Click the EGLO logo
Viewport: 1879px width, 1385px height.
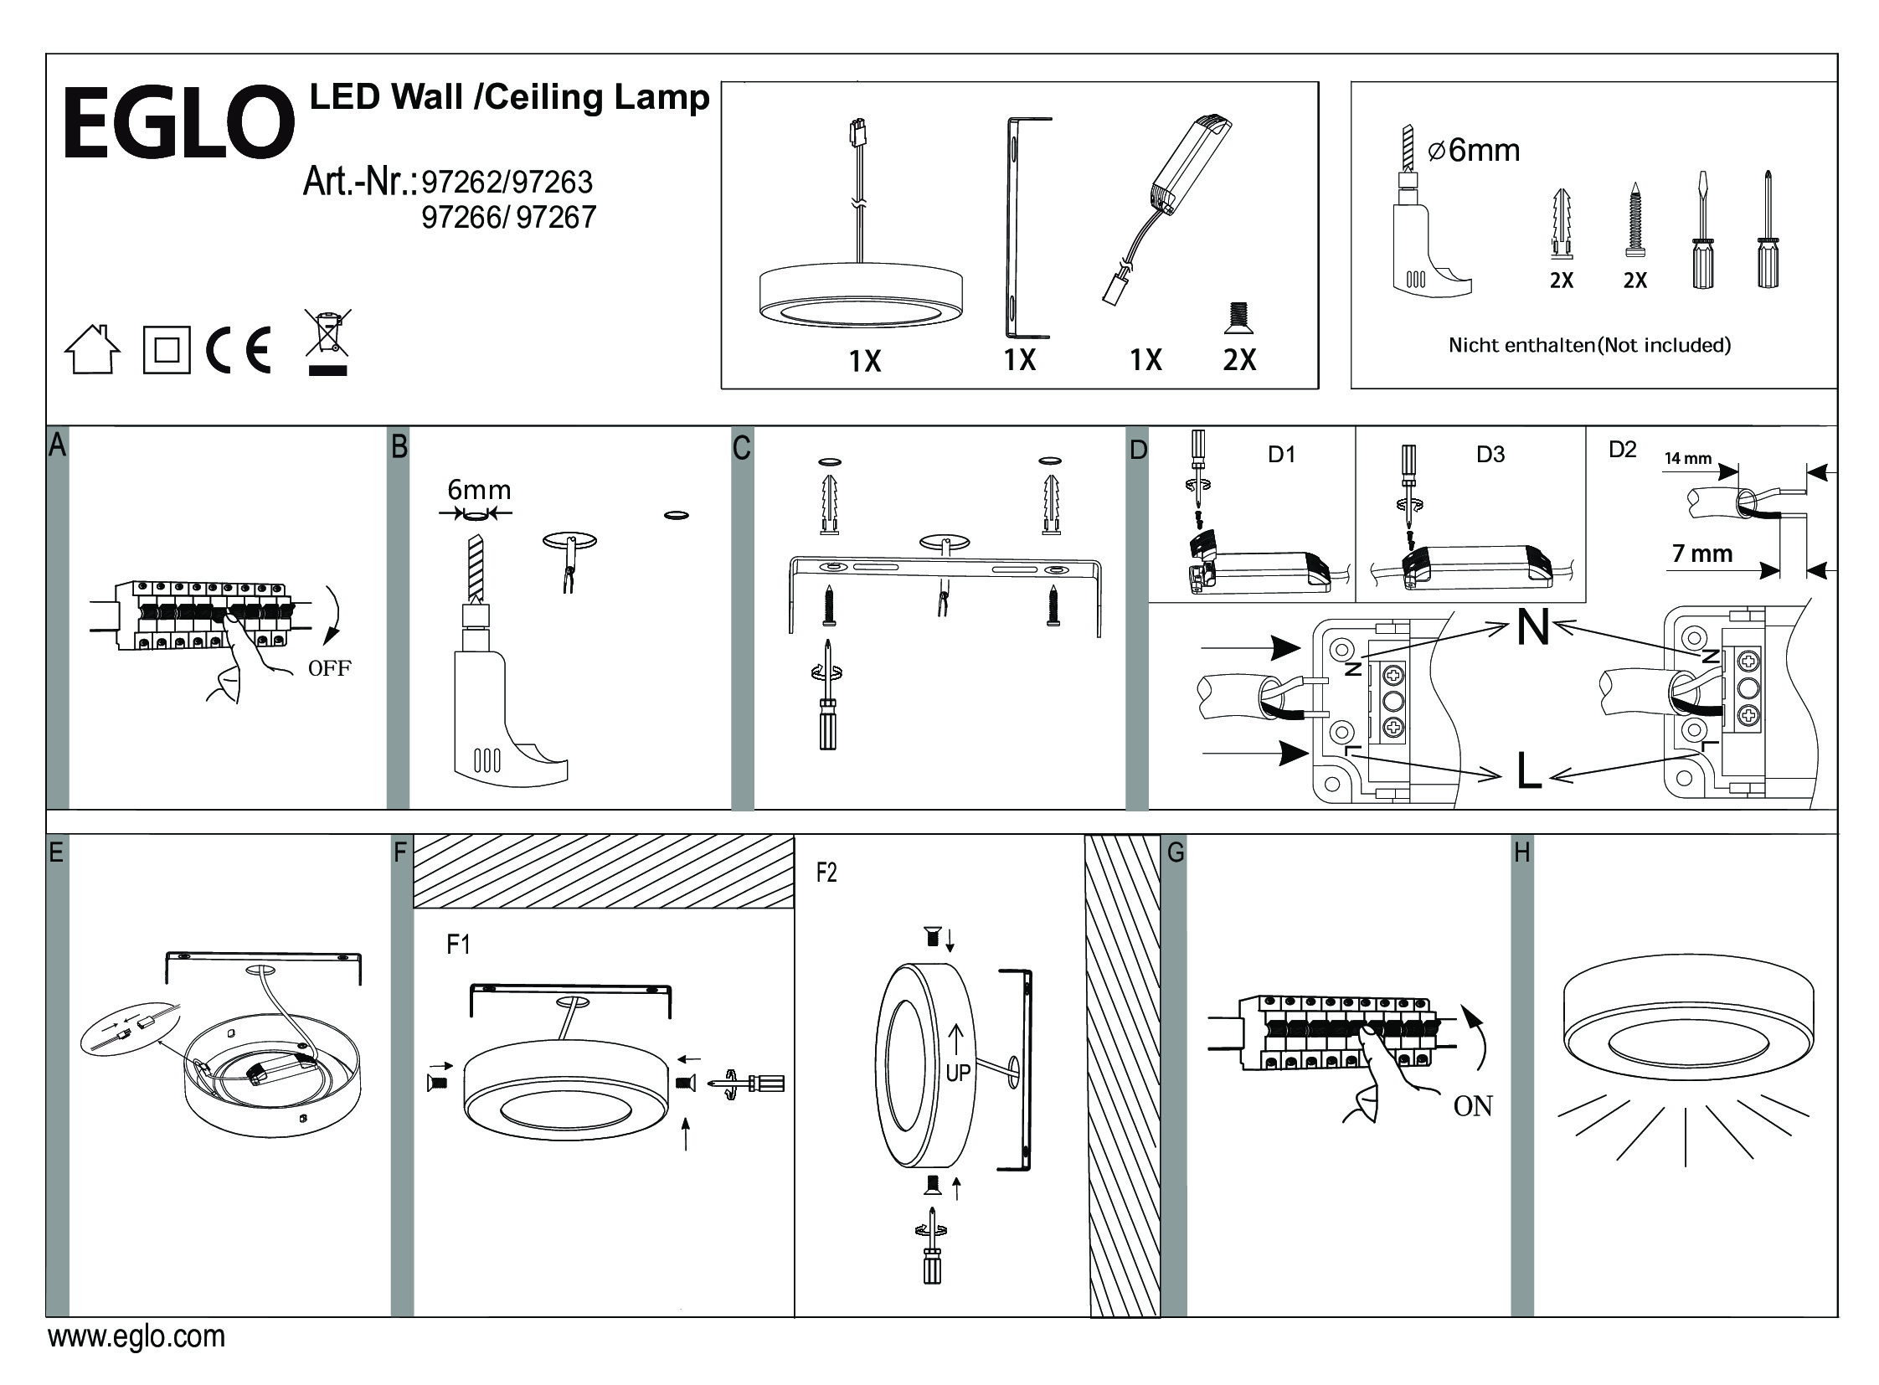click(x=178, y=123)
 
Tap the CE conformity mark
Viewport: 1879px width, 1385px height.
click(x=239, y=350)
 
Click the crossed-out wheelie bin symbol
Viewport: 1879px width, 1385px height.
click(x=327, y=342)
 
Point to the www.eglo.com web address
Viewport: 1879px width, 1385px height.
click(x=136, y=1336)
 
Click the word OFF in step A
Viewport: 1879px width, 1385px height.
click(x=330, y=668)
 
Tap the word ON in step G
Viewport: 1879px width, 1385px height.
click(x=1472, y=1107)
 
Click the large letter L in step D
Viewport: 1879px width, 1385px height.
click(x=1528, y=771)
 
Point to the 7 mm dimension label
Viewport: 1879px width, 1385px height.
click(x=1702, y=553)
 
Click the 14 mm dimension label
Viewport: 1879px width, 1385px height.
click(x=1688, y=459)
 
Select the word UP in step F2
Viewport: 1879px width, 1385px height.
click(x=958, y=1073)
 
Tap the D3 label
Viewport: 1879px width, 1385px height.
click(x=1490, y=455)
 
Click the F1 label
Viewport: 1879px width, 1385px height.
click(x=458, y=945)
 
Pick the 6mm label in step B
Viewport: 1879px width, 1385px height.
click(x=479, y=490)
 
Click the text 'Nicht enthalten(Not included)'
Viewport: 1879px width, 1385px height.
click(x=1590, y=344)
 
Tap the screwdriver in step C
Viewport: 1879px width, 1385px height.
click(x=827, y=704)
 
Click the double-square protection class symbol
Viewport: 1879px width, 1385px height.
click(x=167, y=350)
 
